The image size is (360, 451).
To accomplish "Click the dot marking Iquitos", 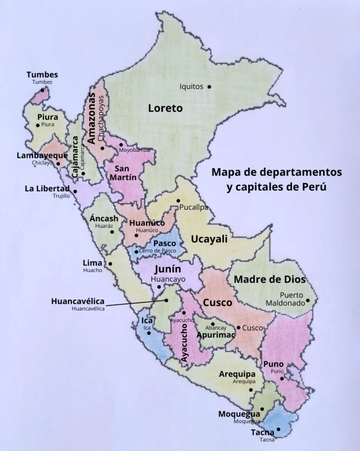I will point(209,87).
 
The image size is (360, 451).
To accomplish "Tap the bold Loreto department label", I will point(165,108).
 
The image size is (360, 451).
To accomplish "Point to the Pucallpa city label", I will point(194,207).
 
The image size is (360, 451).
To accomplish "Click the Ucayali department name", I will point(209,239).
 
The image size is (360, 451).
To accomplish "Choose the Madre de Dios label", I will point(270,280).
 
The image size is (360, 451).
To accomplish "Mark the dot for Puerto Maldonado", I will point(308,300).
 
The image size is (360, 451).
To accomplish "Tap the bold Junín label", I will point(168,269).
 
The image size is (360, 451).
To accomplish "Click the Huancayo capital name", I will point(168,279).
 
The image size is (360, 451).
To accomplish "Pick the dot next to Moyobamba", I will point(121,145).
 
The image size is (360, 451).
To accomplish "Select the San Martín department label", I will point(123,173).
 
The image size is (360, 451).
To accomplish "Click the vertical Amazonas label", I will point(92,118).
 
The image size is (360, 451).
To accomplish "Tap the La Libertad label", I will point(47,189).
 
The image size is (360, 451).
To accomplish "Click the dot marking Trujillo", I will point(75,191).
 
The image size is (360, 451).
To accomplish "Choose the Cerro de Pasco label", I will point(157,251).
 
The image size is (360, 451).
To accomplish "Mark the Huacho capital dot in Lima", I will point(110,264).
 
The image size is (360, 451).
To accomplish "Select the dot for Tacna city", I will point(278,429).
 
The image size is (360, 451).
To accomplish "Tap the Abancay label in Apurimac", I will point(216,328).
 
